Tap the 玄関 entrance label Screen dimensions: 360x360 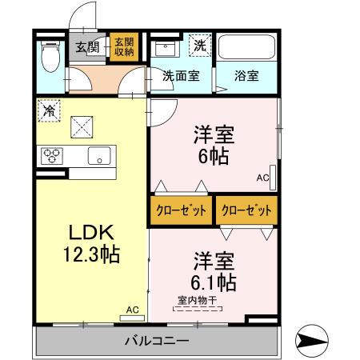point(86,46)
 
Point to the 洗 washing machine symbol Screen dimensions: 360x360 point(198,46)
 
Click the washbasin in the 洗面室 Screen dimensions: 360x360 point(166,46)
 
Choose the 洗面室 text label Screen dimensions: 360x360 point(181,77)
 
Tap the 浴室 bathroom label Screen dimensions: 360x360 point(246,77)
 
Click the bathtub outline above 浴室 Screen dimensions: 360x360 point(246,50)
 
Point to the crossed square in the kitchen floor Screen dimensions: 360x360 point(82,126)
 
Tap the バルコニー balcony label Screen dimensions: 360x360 point(156,342)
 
